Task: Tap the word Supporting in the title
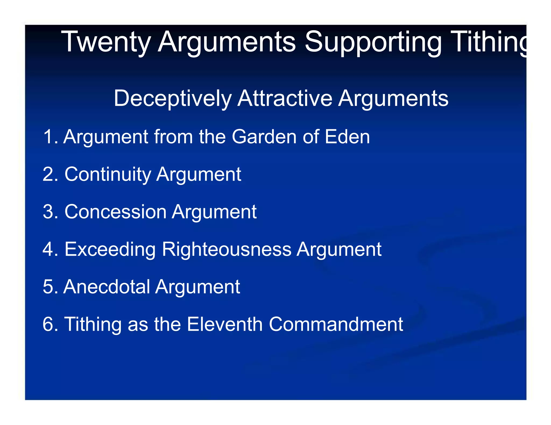pyautogui.click(x=373, y=42)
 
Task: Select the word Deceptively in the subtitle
pyautogui.click(x=172, y=99)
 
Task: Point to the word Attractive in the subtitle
pyautogui.click(x=285, y=98)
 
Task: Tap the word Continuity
pyautogui.click(x=108, y=175)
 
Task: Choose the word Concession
pyautogui.click(x=115, y=212)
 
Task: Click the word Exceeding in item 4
pyautogui.click(x=110, y=250)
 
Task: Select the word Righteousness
pyautogui.click(x=227, y=250)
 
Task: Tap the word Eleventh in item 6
pyautogui.click(x=224, y=324)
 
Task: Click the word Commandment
pyautogui.click(x=336, y=324)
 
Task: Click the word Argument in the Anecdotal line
pyautogui.click(x=197, y=287)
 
